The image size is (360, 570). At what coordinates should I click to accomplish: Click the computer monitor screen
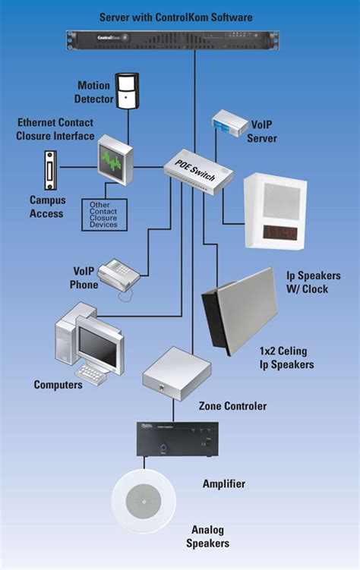[x=98, y=348]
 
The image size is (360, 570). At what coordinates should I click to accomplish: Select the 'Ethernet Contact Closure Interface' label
[x=55, y=130]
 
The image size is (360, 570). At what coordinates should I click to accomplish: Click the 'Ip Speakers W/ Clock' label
[x=312, y=282]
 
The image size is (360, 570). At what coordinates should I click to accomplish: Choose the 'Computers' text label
[x=58, y=385]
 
